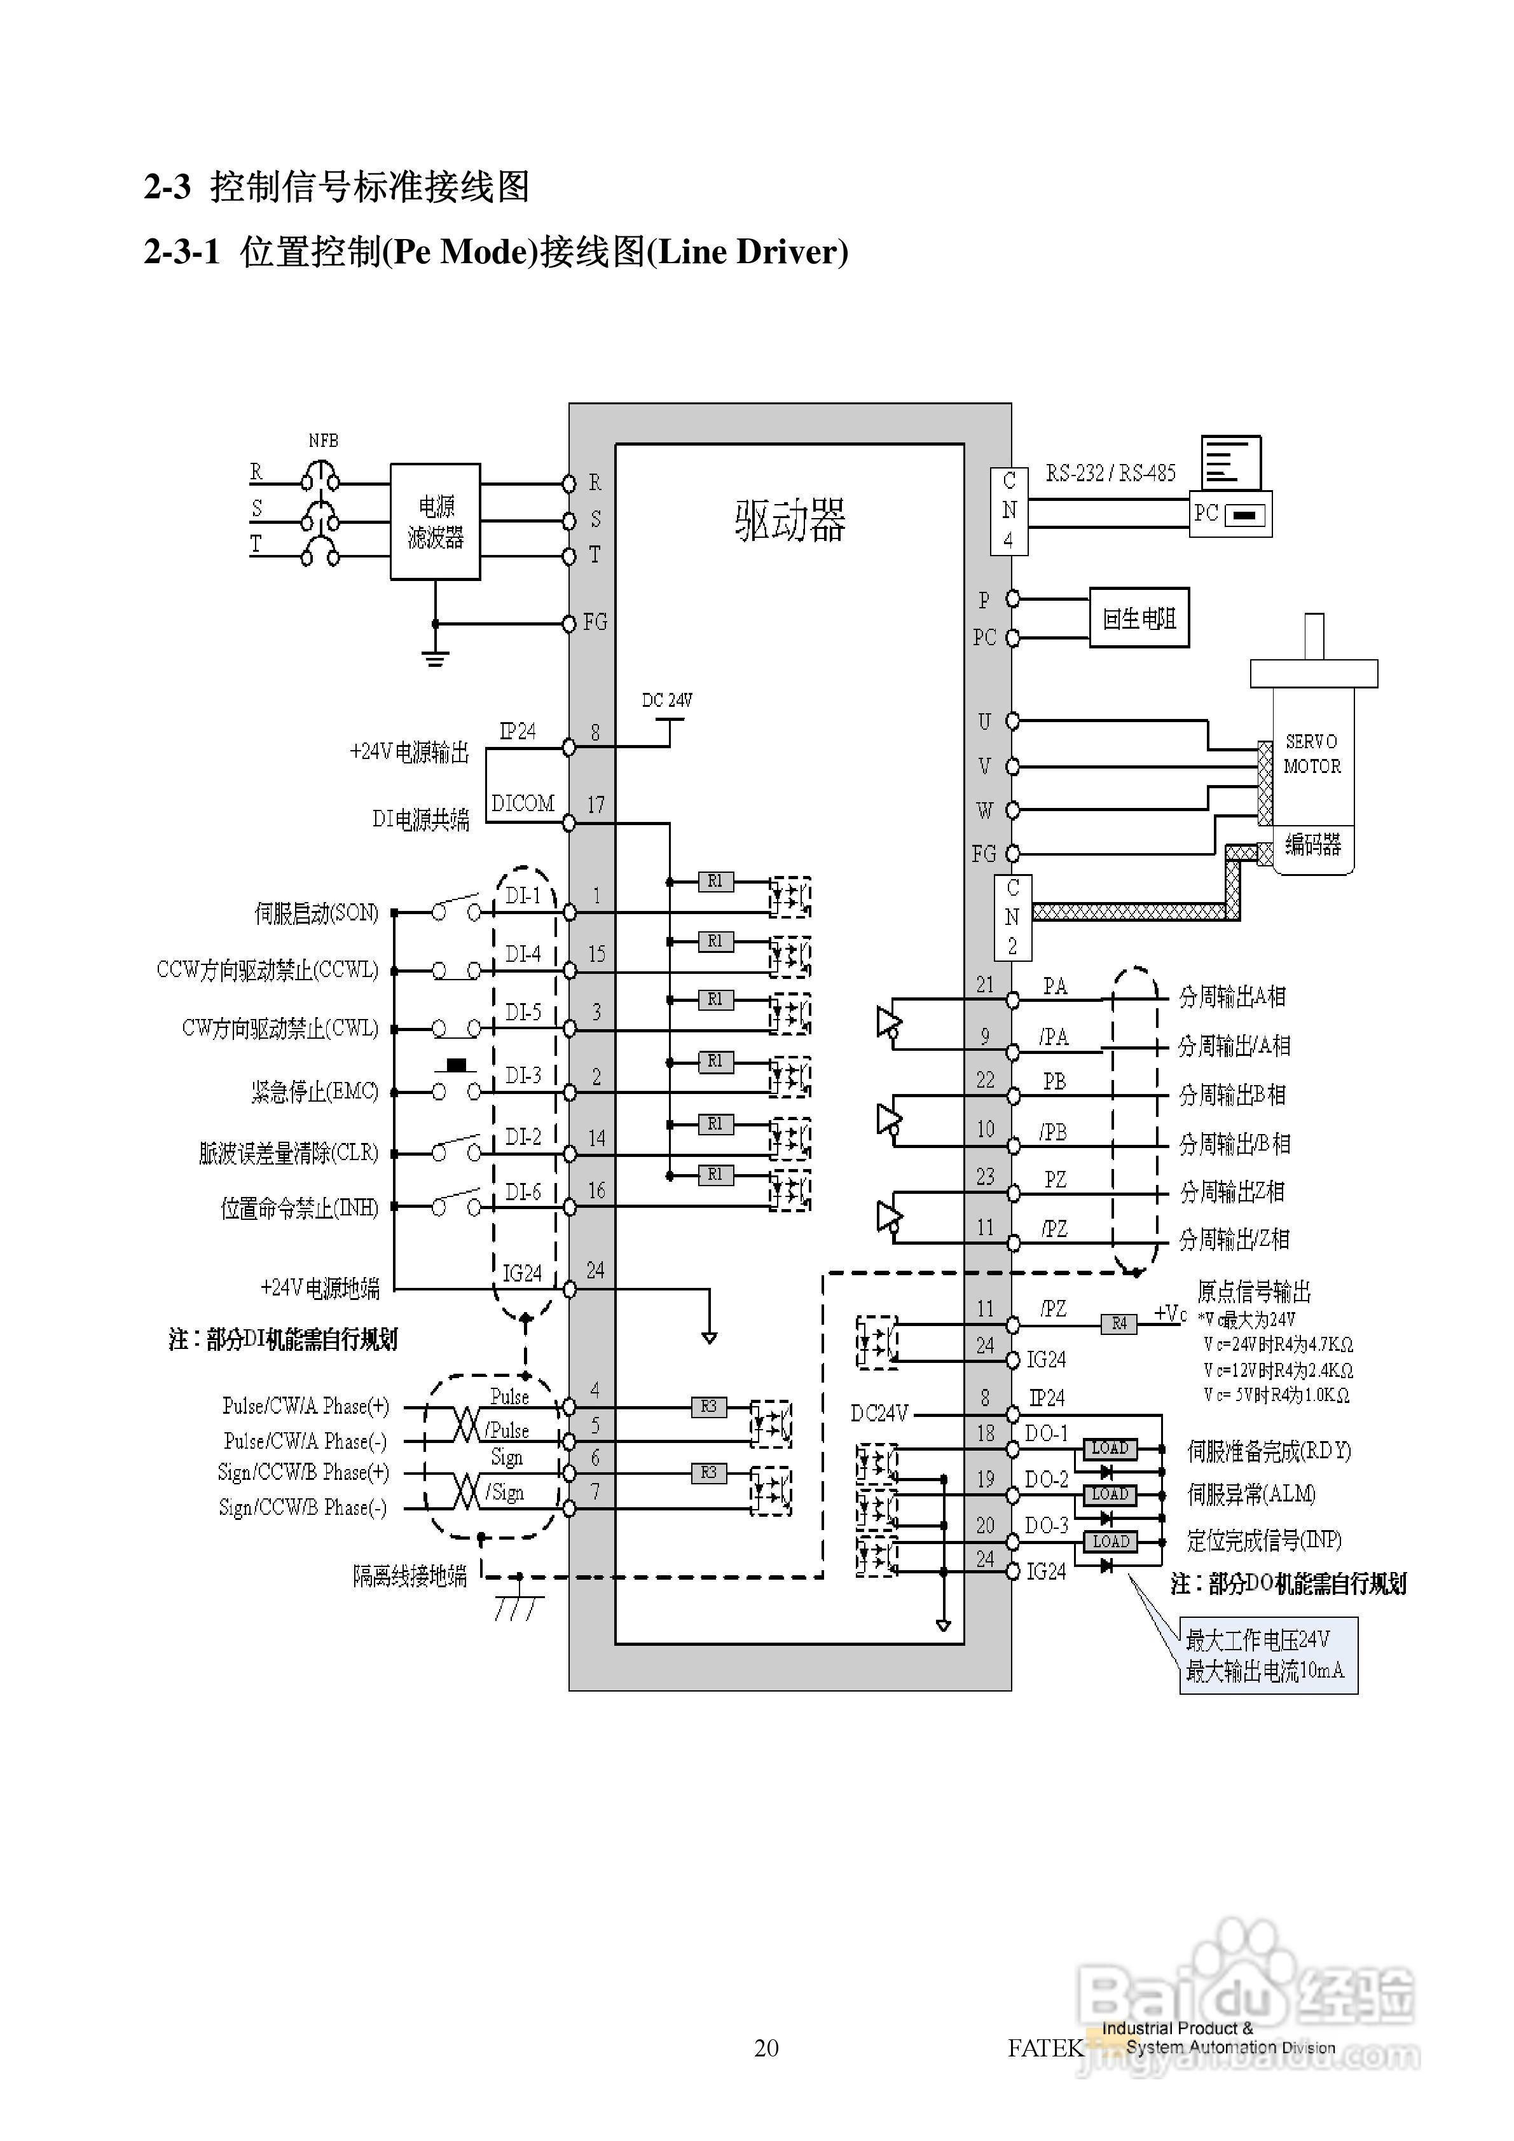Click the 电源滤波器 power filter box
(x=435, y=521)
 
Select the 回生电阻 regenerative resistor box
(x=1139, y=617)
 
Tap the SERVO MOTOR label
(x=1312, y=753)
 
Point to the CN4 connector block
(x=1008, y=511)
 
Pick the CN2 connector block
(x=1012, y=917)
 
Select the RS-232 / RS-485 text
(x=1110, y=473)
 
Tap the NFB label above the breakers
(x=323, y=441)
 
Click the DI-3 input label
(x=523, y=1075)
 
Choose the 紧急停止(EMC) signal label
(x=314, y=1092)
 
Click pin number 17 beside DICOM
(x=595, y=805)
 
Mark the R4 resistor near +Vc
(x=1118, y=1324)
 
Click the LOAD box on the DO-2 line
(x=1110, y=1493)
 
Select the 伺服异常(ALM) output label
(x=1251, y=1494)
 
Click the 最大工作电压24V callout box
(x=1268, y=1655)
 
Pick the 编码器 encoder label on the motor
(x=1312, y=845)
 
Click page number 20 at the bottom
(x=766, y=2048)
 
